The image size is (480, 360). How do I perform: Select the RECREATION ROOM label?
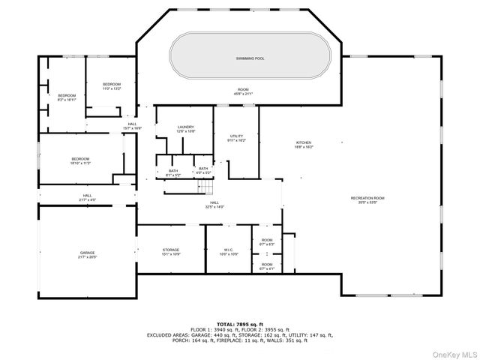[388, 199]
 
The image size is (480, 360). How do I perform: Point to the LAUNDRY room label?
[186, 129]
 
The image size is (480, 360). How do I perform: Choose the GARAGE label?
[87, 254]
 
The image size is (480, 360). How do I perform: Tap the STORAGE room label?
[171, 251]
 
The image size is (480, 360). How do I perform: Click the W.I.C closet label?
[229, 251]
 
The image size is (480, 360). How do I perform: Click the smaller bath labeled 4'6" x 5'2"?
[203, 170]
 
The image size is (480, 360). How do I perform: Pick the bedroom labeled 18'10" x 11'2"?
[81, 160]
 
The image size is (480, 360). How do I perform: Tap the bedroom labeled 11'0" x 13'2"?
[112, 85]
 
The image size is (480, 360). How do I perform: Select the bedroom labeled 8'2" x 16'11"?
[67, 97]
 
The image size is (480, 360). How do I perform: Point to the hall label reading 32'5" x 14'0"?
[214, 204]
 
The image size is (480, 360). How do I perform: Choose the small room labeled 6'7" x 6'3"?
[267, 242]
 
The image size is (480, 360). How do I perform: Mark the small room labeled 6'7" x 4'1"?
[267, 265]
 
